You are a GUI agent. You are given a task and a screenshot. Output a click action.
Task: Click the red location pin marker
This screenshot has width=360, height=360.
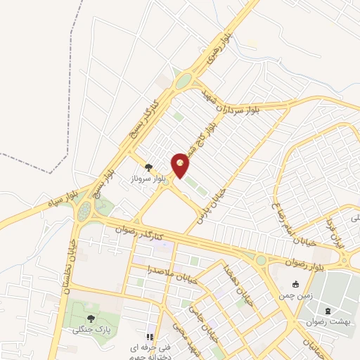pyautogui.click(x=181, y=164)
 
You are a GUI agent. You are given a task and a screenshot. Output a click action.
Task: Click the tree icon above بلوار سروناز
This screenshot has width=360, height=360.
pyautogui.click(x=148, y=167)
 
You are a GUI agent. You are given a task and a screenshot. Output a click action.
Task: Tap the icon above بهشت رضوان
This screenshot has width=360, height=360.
pyautogui.click(x=328, y=309)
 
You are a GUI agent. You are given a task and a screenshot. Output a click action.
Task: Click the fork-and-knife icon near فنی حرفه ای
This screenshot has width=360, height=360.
pyautogui.click(x=149, y=337)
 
